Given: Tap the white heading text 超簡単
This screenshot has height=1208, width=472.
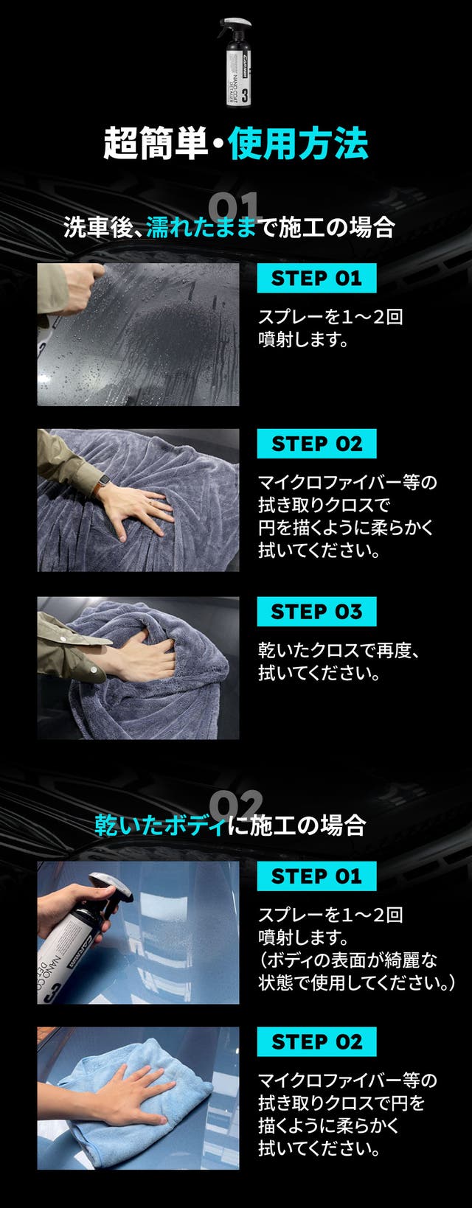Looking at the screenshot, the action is point(156,144).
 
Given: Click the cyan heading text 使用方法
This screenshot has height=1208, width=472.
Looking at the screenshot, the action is point(298,144).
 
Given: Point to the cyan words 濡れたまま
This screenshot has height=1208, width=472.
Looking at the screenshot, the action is point(201,227).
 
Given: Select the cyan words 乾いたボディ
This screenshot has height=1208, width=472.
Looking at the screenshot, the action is point(160,825).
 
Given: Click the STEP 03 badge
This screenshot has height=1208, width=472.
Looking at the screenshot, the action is point(316,612).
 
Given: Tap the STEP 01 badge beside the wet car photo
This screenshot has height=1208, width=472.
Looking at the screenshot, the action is point(316,279).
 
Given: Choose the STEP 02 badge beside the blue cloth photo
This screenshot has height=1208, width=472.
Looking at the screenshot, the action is point(316,1042).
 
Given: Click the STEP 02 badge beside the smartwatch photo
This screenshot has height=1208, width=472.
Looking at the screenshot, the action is point(316,444).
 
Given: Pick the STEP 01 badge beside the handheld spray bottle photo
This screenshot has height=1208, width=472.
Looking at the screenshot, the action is point(316,876).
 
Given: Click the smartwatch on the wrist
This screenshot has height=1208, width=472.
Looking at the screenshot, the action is point(100,486).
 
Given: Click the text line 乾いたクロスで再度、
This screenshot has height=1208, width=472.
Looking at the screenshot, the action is point(339,651).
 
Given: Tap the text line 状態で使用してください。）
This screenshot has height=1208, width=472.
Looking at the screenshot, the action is point(356,983).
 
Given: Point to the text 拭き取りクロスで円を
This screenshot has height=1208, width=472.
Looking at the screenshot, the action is point(341,1103).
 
